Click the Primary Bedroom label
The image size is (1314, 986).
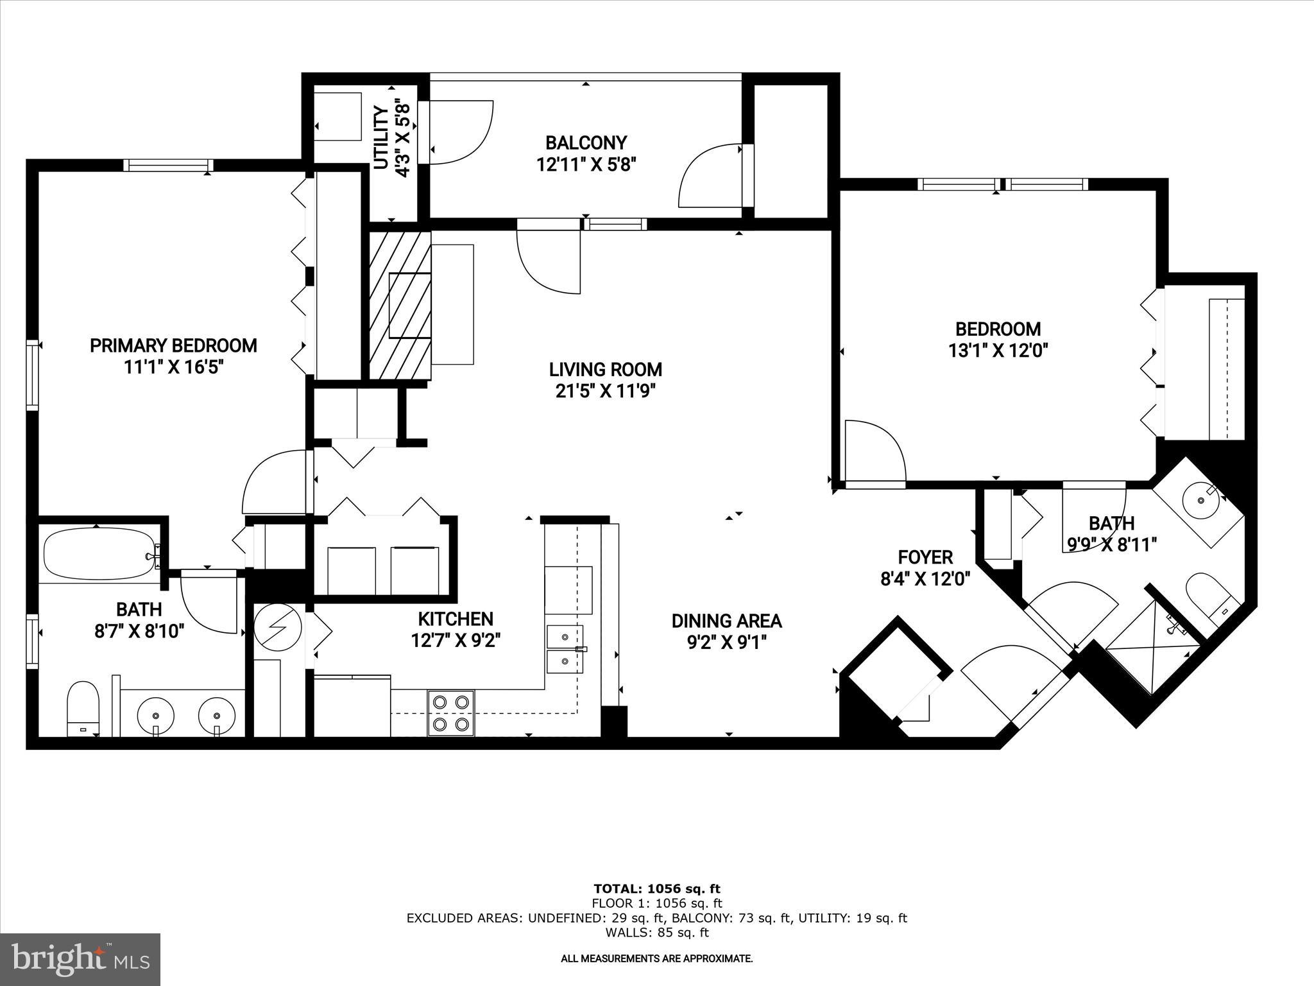(x=173, y=346)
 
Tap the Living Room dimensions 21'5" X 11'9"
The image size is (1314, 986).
(x=605, y=391)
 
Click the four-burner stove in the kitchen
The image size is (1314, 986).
(x=451, y=713)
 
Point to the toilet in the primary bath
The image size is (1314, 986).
(x=83, y=707)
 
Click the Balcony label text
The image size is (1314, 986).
(x=586, y=143)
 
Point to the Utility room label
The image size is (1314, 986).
(x=381, y=138)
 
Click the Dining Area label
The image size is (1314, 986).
(x=726, y=621)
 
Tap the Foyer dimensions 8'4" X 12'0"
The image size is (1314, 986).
(x=925, y=579)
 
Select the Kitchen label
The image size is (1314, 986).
(x=456, y=619)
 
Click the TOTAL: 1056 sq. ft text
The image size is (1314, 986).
(x=656, y=889)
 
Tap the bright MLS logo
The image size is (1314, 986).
(x=80, y=959)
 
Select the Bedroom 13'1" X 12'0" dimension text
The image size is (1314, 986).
(x=998, y=351)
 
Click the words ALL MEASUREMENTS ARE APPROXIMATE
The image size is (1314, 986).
(x=656, y=959)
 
